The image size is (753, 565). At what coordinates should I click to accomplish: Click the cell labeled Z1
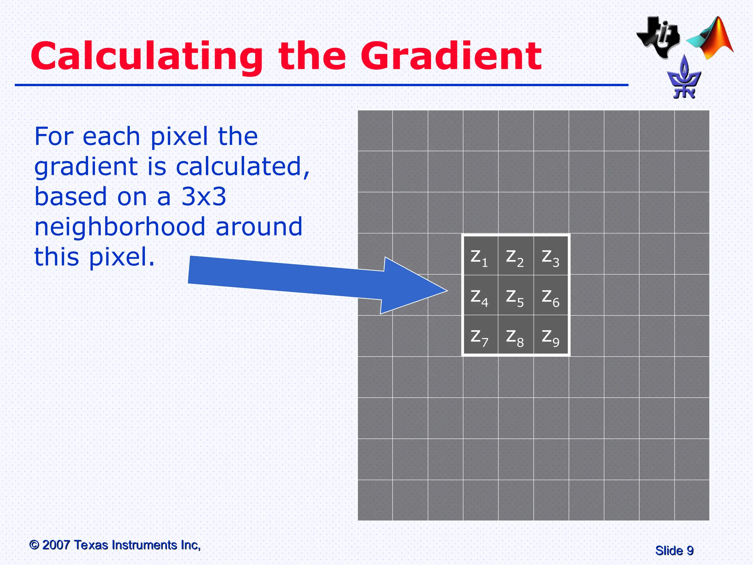coord(480,257)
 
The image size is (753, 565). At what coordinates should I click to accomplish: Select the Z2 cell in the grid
coord(515,257)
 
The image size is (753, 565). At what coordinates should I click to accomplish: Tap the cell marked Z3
coord(551,257)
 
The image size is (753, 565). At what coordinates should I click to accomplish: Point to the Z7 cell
coord(480,336)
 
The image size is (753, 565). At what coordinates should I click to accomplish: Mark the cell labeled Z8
coord(515,336)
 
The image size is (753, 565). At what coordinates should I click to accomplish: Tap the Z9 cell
coord(551,336)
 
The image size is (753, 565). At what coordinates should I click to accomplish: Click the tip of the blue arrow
coord(446,291)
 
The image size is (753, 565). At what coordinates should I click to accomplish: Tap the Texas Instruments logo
coord(659,37)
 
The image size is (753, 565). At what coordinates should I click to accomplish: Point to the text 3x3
coord(204,196)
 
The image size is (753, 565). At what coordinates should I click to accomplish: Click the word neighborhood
coord(120,227)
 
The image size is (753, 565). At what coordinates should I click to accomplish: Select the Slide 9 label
coord(674,551)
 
